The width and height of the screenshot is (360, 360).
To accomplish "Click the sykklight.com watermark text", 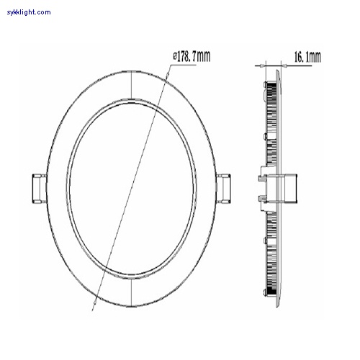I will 28,12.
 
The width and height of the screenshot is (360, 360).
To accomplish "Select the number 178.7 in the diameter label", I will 189,55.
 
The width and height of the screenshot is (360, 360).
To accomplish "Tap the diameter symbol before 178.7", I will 175,55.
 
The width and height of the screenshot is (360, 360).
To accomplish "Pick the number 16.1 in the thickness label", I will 302,55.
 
